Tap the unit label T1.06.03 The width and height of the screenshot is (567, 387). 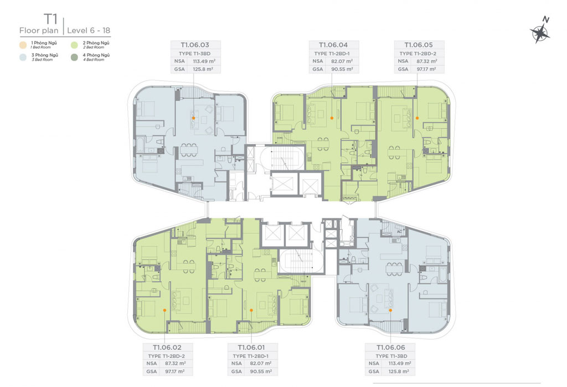[195, 45]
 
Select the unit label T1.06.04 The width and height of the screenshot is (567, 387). [333, 45]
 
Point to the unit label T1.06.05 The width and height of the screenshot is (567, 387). [419, 45]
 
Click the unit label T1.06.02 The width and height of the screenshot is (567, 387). [167, 348]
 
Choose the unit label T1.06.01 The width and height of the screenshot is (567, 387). [251, 348]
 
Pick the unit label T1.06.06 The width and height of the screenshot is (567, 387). [391, 348]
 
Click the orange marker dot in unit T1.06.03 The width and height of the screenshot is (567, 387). [193, 118]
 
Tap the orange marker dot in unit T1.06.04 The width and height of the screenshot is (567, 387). [332, 118]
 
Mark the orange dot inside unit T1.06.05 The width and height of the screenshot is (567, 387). [417, 118]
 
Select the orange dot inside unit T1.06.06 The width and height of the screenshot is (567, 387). [390, 310]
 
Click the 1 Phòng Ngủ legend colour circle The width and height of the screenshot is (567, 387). [23, 45]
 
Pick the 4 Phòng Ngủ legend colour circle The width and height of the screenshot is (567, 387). [75, 57]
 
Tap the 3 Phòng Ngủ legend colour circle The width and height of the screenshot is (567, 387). [23, 57]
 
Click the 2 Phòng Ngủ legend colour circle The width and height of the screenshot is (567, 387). [75, 45]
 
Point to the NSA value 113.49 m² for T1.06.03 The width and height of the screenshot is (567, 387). [204, 61]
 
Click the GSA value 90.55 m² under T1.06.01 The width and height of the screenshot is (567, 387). [261, 371]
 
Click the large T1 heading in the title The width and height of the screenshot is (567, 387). [50, 19]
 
